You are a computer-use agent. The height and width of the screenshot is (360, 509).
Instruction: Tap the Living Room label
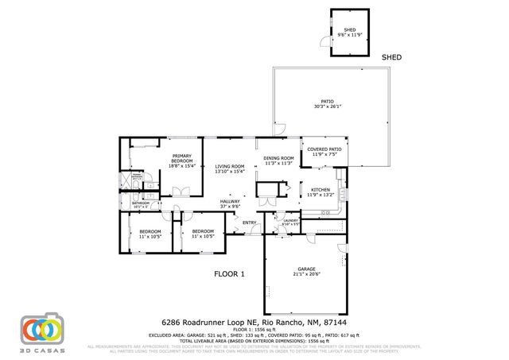click(229, 167)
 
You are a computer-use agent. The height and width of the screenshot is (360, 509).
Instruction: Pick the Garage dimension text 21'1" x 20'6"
click(306, 274)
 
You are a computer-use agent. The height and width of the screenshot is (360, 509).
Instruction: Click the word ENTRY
click(249, 222)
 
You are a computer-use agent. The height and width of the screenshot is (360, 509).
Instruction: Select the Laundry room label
click(290, 221)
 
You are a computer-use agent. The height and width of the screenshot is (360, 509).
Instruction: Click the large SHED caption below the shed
click(391, 58)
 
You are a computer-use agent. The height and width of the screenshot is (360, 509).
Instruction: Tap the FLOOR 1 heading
click(229, 274)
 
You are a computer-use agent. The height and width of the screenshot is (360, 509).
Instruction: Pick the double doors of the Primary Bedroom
click(181, 191)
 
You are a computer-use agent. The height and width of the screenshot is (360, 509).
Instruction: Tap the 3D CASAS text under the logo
click(42, 349)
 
